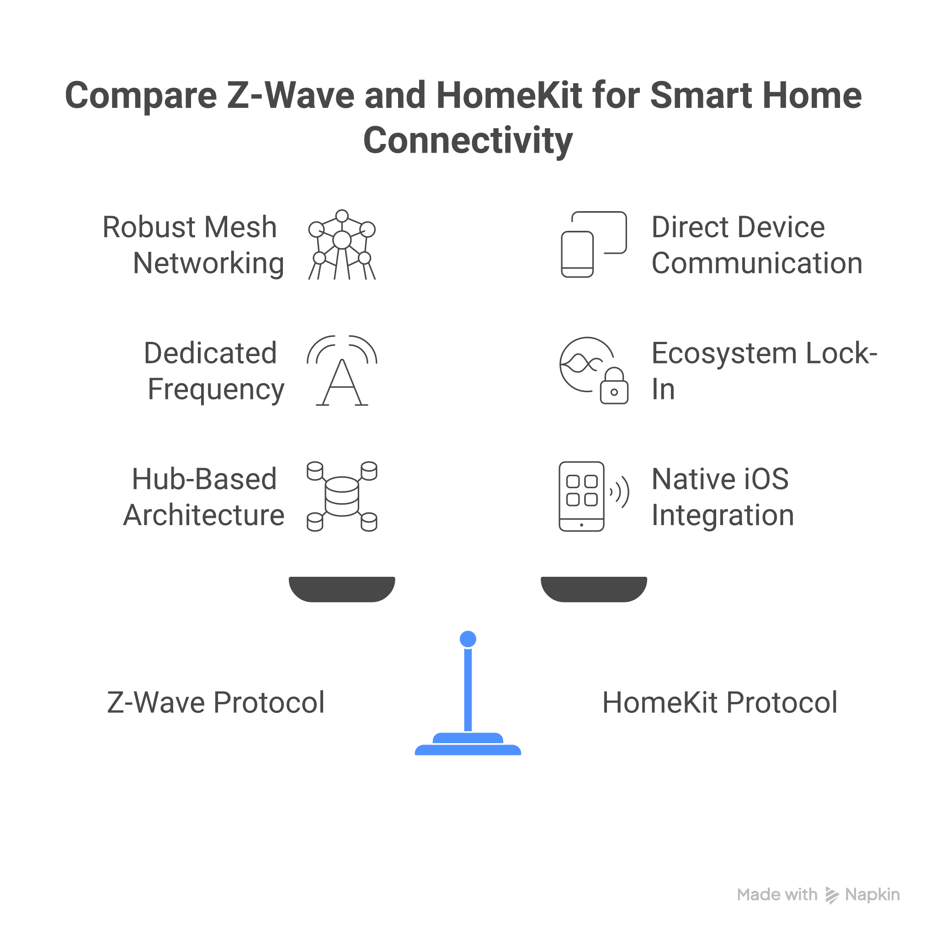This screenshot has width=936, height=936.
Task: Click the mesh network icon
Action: pos(342,245)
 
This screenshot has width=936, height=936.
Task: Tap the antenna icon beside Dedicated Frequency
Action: pos(342,371)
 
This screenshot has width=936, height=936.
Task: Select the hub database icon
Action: pos(342,497)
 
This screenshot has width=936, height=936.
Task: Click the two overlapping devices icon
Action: pos(594,244)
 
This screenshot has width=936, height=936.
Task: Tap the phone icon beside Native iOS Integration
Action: pos(582,497)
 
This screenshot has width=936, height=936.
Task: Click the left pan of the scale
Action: pos(342,589)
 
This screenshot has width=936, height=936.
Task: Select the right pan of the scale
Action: pos(594,589)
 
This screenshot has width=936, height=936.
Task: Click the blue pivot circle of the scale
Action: pos(468,638)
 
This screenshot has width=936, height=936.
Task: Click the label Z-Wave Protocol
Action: pos(216,702)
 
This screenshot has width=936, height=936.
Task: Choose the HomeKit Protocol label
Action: pos(720,702)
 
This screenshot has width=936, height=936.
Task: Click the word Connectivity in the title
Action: pos(468,140)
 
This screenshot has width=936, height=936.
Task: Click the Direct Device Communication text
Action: pos(756,245)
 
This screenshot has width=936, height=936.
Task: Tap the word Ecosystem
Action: pos(725,353)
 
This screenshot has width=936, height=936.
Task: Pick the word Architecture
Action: pos(204,515)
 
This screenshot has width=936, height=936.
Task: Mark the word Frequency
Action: pos(216,389)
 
